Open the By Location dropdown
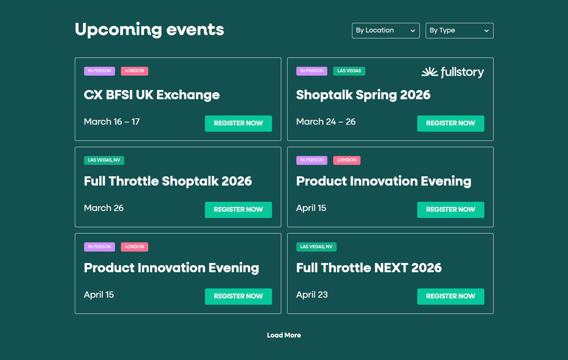pyautogui.click(x=386, y=31)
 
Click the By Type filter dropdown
pyautogui.click(x=459, y=31)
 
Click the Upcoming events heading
pyautogui.click(x=149, y=30)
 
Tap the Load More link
pyautogui.click(x=284, y=335)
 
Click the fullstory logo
pyautogui.click(x=453, y=72)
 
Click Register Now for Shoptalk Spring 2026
pyautogui.click(x=450, y=123)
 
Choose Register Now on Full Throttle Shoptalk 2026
pyautogui.click(x=238, y=210)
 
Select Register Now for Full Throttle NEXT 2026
pyautogui.click(x=450, y=296)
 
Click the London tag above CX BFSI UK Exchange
pyautogui.click(x=135, y=71)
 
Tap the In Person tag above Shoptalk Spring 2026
pyautogui.click(x=311, y=71)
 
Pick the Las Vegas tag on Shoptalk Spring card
pyautogui.click(x=349, y=71)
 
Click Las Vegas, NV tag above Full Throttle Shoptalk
pyautogui.click(x=104, y=160)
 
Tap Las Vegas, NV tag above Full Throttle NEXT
pyautogui.click(x=316, y=247)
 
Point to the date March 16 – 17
pyautogui.click(x=112, y=122)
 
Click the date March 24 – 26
pyautogui.click(x=326, y=122)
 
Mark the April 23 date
pyautogui.click(x=312, y=295)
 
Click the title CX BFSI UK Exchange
pyautogui.click(x=152, y=95)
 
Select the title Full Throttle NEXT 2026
pyautogui.click(x=369, y=268)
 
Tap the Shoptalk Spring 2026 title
pyautogui.click(x=363, y=95)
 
